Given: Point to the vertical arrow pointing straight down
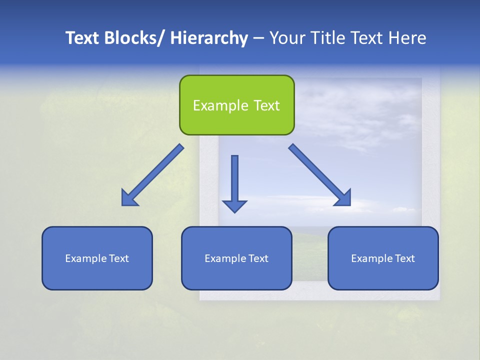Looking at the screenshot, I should click(234, 180).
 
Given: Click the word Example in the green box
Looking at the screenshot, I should click(220, 105).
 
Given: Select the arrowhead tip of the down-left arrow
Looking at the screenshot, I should click(124, 203).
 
